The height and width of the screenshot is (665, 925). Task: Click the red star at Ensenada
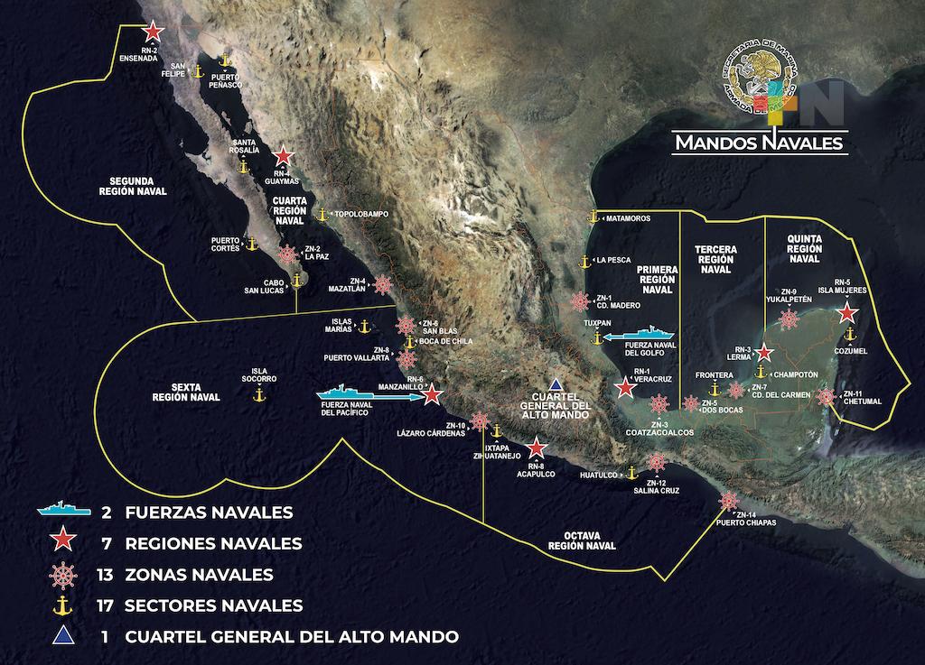coord(152,31)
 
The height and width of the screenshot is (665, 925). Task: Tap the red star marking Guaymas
coord(283,155)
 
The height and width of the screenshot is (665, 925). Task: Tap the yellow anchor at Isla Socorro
coord(257,394)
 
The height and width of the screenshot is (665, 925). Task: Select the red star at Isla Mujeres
coord(846,313)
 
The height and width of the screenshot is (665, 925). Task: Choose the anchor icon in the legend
coord(64,605)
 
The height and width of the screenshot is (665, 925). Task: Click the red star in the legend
coord(64,542)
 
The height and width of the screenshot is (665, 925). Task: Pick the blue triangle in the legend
coord(64,636)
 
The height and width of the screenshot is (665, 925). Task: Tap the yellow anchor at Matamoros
coord(593,217)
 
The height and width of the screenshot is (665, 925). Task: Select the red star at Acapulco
coord(536,448)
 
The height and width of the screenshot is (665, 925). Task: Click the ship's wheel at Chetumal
coord(825,396)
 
